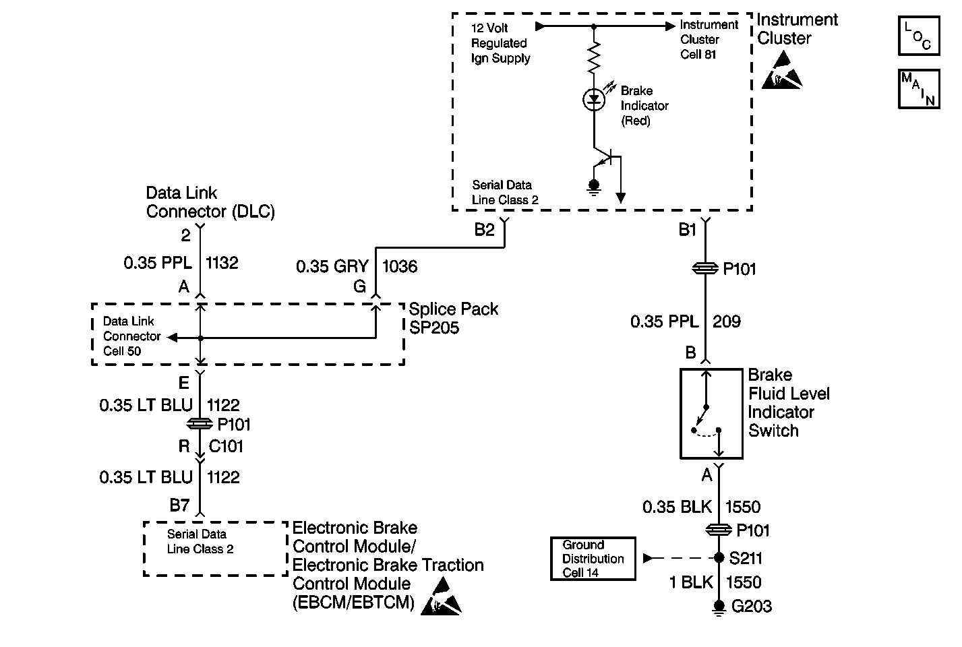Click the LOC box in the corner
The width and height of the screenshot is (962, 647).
point(918,36)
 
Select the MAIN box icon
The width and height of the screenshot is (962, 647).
point(918,89)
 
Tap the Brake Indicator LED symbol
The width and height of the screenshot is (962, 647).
point(593,100)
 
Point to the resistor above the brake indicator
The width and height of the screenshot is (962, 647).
point(593,59)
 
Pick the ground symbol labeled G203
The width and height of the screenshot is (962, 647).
point(719,609)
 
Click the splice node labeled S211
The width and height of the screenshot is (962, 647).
point(719,558)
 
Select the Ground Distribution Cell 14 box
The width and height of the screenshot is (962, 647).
point(593,558)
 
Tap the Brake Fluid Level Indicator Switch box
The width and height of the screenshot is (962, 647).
point(711,413)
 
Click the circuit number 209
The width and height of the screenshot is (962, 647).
point(727,321)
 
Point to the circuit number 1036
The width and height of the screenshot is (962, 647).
point(400,266)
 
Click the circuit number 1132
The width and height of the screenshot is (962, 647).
point(222,262)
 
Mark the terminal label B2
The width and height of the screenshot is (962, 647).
point(484,230)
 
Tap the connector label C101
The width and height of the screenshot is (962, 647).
point(226,446)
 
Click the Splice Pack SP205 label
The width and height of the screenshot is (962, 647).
point(454,318)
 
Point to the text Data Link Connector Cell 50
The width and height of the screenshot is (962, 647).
point(132,336)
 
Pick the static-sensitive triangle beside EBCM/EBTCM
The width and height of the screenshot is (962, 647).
point(441,598)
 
